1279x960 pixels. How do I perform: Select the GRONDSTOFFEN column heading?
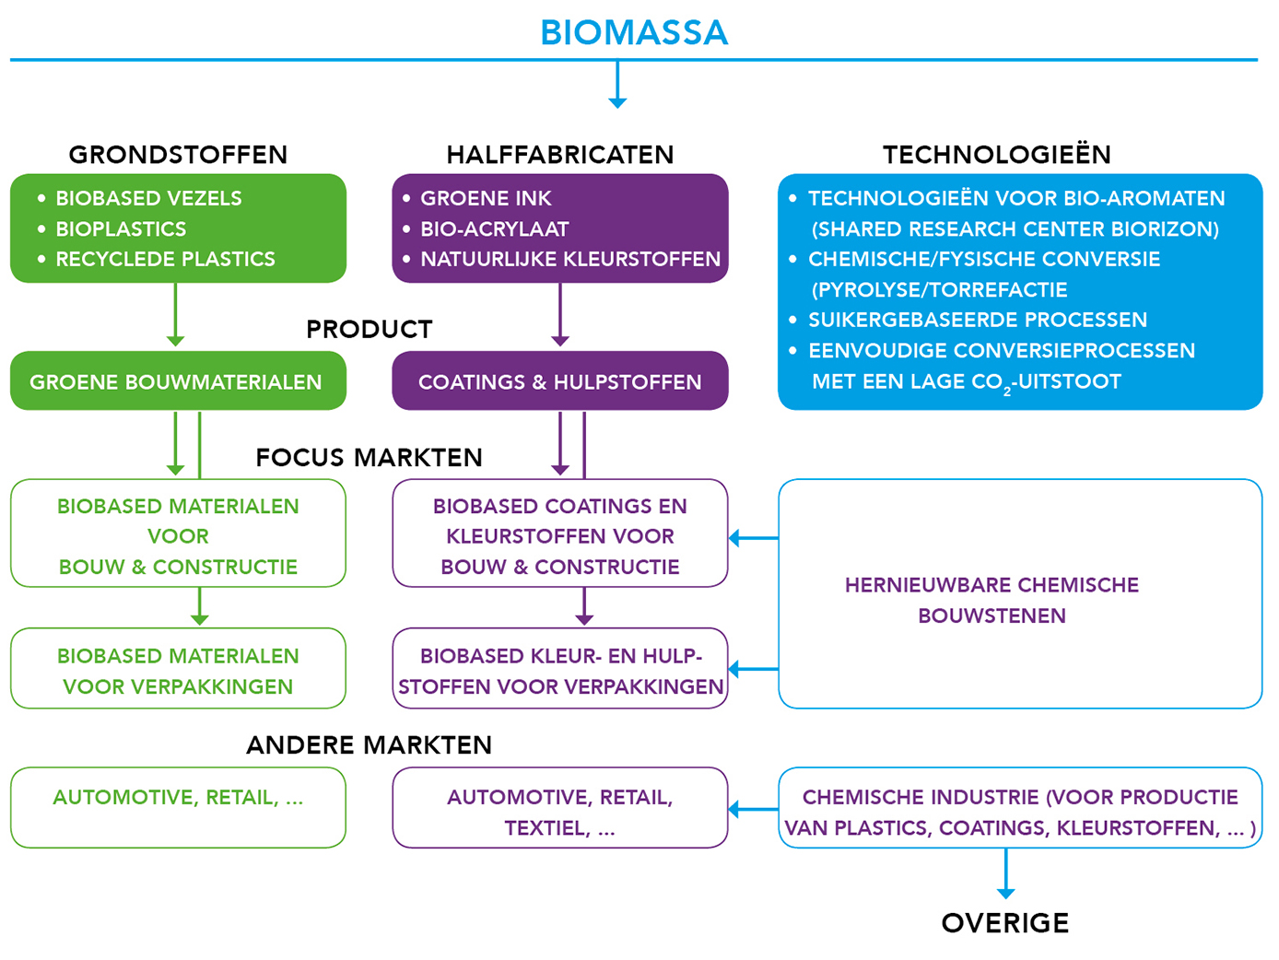tap(178, 155)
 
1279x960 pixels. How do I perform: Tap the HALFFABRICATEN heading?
tap(559, 155)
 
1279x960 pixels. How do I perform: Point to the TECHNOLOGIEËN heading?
tap(996, 154)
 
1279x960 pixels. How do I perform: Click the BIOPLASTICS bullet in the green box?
tap(121, 228)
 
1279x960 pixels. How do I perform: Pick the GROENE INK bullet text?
tap(486, 198)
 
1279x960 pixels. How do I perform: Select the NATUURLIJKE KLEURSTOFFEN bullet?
tap(570, 259)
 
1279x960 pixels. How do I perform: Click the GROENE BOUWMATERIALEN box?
tap(178, 380)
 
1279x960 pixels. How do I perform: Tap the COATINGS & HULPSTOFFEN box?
tap(560, 380)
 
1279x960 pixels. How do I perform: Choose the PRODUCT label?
tap(370, 329)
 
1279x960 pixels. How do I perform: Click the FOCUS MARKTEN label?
tap(369, 457)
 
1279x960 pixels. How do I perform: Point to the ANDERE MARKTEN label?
tap(369, 745)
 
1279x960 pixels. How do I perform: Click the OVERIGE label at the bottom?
tap(1005, 923)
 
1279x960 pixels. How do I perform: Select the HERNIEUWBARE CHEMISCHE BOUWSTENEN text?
tap(992, 600)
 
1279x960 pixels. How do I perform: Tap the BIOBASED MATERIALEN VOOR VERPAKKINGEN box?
tap(178, 668)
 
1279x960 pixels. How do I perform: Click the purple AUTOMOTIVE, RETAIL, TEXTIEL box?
tap(560, 807)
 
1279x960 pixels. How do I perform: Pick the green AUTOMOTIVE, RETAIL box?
tap(178, 807)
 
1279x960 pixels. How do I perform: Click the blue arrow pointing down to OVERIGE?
tap(1005, 873)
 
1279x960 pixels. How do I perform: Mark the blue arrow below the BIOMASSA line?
tap(617, 85)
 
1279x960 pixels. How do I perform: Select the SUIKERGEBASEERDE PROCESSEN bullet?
tap(977, 320)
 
